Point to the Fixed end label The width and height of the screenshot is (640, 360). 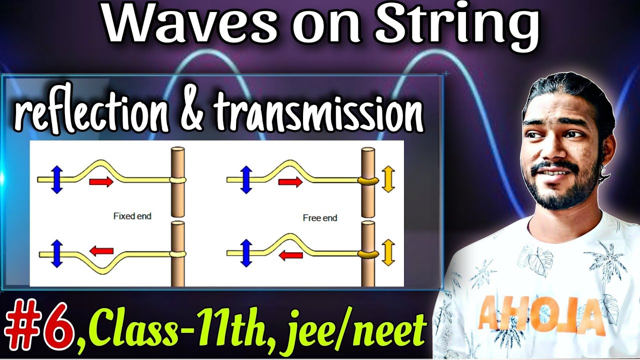pos(132,216)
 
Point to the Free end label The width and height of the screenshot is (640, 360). pos(320,218)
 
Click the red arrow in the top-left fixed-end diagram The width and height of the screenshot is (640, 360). pos(101,182)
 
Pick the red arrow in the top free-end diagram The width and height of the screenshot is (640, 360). pos(290,182)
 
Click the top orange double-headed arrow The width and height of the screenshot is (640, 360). pos(388,180)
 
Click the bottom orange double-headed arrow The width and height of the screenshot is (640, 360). pos(388,252)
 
